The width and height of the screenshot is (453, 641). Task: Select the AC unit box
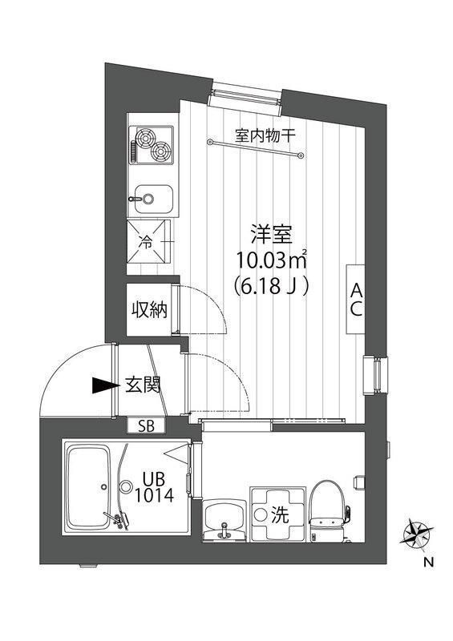[354, 299]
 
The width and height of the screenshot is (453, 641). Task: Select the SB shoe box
[147, 426]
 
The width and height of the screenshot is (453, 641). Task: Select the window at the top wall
[247, 94]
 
